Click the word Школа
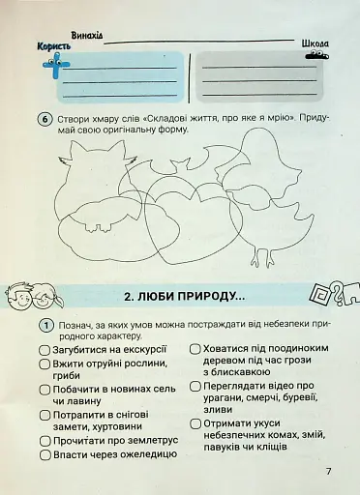click(x=315, y=44)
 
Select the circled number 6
click(x=45, y=120)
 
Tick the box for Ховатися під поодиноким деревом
click(x=195, y=348)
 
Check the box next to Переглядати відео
click(x=195, y=384)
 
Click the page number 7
click(x=329, y=471)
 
